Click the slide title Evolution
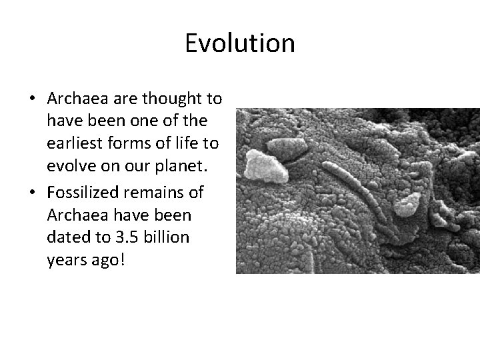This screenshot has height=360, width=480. click(239, 43)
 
